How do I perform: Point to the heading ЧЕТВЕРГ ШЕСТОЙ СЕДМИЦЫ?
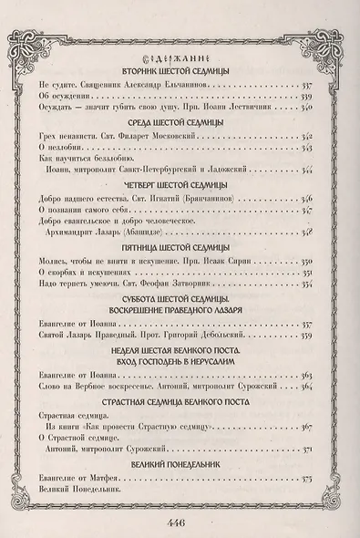click(x=180, y=183)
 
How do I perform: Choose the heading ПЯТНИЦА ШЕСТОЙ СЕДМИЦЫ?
click(x=180, y=246)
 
